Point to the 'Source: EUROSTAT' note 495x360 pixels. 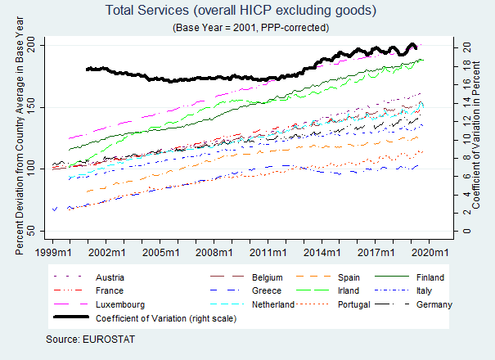[x=90, y=338]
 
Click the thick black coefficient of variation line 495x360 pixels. [x=205, y=78]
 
